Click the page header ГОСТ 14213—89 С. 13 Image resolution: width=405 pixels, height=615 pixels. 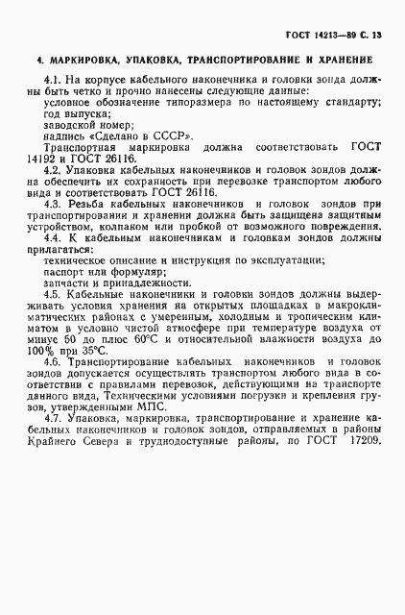click(x=334, y=35)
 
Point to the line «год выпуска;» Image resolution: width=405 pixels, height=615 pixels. click(x=74, y=112)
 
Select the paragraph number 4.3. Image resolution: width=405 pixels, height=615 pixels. click(x=55, y=205)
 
